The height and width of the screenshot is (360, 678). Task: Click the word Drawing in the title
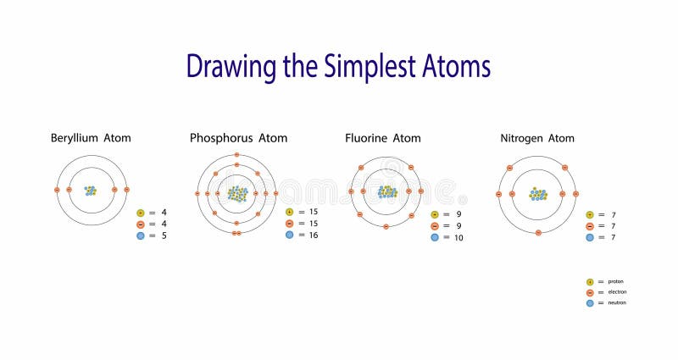pyautogui.click(x=224, y=67)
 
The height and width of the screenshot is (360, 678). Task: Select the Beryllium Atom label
pyautogui.click(x=91, y=137)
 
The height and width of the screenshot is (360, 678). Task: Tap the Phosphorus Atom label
pyautogui.click(x=238, y=137)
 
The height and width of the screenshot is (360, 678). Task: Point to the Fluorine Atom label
pyautogui.click(x=382, y=137)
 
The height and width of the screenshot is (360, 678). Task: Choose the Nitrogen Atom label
pyautogui.click(x=536, y=137)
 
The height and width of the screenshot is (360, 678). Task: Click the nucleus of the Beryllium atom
pyautogui.click(x=91, y=191)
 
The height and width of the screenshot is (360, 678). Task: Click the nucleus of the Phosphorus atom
pyautogui.click(x=237, y=193)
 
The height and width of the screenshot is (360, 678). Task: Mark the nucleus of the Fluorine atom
pyautogui.click(x=387, y=192)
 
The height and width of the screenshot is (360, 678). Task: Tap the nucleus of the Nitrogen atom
pyautogui.click(x=538, y=194)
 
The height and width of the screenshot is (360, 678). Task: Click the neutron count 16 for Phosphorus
pyautogui.click(x=313, y=235)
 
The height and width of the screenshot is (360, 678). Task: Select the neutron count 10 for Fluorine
pyautogui.click(x=458, y=238)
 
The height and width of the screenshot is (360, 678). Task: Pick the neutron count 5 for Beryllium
pyautogui.click(x=164, y=236)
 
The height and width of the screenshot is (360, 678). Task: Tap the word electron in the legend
pyautogui.click(x=617, y=292)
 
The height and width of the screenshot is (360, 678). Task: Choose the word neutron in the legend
pyautogui.click(x=617, y=303)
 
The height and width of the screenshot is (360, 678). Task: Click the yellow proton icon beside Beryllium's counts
pyautogui.click(x=141, y=213)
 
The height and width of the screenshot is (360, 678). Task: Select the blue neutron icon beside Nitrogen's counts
pyautogui.click(x=589, y=238)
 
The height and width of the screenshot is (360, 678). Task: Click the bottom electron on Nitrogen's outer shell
pyautogui.click(x=538, y=232)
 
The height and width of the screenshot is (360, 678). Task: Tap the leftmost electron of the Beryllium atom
pyautogui.click(x=58, y=190)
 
